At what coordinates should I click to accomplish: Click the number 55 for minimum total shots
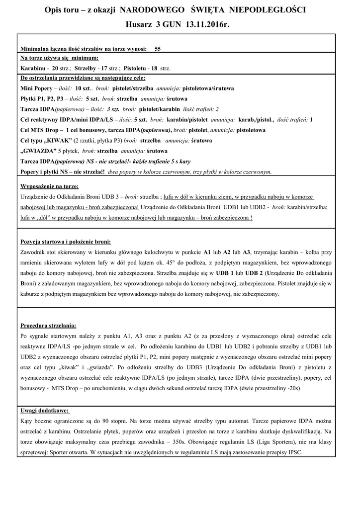pyautogui.click(x=158, y=49)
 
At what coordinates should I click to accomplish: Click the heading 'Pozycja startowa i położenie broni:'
pyautogui.click(x=66, y=241)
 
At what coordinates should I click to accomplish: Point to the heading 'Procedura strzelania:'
pyautogui.click(x=48, y=326)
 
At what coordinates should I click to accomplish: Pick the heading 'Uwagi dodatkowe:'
pyautogui.click(x=45, y=411)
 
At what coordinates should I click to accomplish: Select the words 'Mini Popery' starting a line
pyautogui.click(x=36, y=88)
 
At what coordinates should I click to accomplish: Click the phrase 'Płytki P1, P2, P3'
pyautogui.click(x=42, y=98)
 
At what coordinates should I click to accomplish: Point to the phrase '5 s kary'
pyautogui.click(x=178, y=162)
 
